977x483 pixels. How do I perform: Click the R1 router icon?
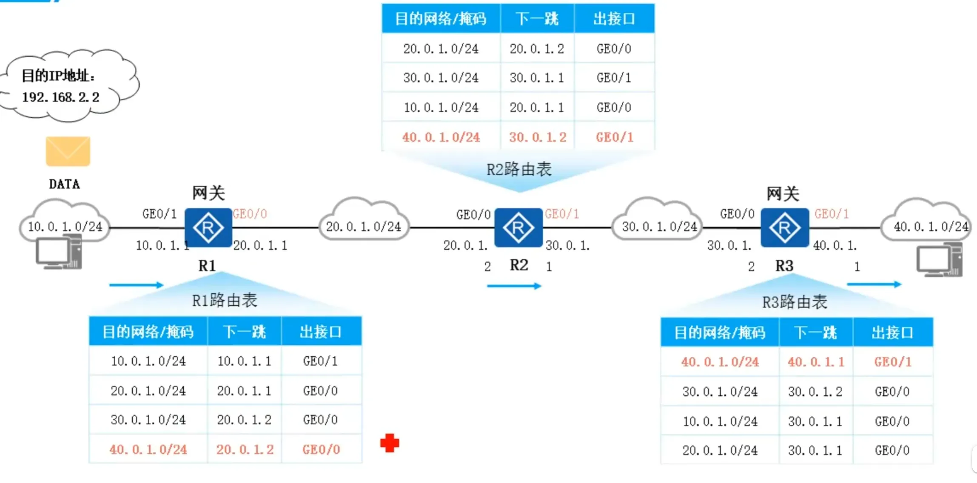208,228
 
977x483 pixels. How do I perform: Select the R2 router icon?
518,228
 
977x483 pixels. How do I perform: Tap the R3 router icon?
784,228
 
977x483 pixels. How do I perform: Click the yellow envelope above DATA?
68,151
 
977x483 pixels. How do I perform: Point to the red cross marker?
390,443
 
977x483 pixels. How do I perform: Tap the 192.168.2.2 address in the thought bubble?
61,97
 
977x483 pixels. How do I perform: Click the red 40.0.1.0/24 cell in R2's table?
441,137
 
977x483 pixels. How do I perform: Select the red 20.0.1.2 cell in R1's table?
245,449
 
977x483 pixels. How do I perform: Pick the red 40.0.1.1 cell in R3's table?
816,362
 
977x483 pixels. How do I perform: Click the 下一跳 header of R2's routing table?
537,19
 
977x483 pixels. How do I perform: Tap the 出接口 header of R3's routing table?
892,332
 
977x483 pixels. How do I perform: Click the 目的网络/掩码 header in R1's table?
148,332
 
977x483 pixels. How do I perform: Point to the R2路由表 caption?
519,170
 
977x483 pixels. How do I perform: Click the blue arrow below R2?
514,286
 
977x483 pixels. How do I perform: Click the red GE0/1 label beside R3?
832,214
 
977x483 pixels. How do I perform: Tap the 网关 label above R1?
208,193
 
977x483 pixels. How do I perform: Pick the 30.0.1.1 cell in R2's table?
537,78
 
